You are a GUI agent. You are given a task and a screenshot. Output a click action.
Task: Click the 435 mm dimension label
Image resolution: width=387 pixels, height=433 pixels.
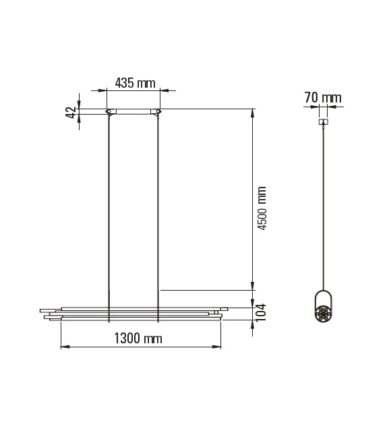click(135, 83)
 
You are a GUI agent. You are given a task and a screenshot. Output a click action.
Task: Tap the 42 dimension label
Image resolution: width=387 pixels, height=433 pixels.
click(70, 112)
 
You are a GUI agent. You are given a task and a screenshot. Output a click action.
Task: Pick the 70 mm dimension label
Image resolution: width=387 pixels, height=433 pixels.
click(322, 98)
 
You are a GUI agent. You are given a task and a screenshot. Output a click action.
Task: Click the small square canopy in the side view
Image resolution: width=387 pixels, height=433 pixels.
click(323, 122)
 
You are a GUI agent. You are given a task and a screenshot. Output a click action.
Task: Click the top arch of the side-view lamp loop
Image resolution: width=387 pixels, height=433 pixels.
click(323, 292)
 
